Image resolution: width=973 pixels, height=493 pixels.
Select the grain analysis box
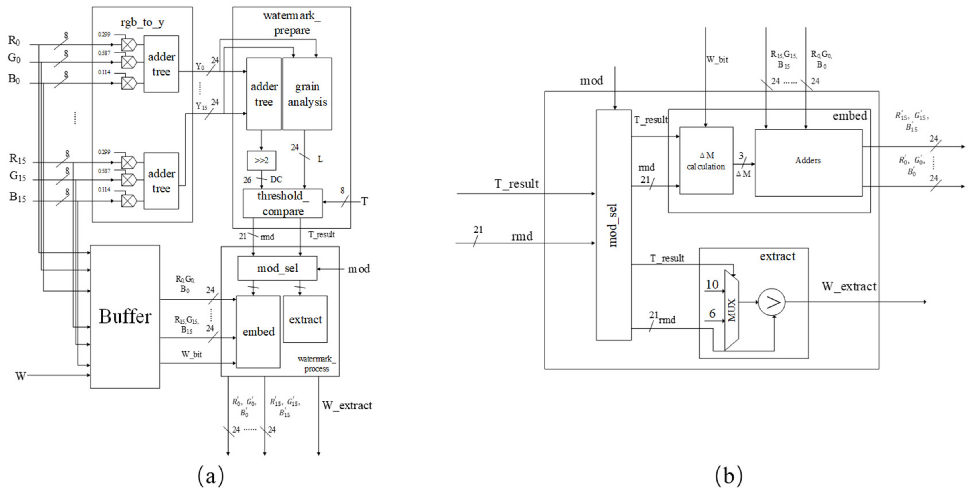tap(307, 94)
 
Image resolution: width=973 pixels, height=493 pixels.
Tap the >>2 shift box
tap(261, 161)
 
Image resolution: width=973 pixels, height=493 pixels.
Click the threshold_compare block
tap(283, 203)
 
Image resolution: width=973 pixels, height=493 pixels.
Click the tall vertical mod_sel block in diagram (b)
tap(613, 225)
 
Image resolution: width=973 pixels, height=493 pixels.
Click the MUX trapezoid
tap(732, 310)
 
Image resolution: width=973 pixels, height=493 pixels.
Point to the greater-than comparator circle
tap(772, 302)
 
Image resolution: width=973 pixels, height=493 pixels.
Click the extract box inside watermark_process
tap(305, 319)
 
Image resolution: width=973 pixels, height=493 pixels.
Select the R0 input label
tap(14, 41)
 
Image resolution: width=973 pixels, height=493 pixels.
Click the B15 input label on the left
tap(17, 197)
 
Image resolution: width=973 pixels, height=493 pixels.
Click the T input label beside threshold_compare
tap(364, 202)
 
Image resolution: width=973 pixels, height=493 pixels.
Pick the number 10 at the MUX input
tap(712, 284)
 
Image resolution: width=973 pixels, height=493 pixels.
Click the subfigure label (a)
tap(211, 476)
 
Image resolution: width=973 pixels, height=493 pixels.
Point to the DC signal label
tap(276, 180)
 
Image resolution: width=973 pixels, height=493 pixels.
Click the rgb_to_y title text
tap(142, 23)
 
